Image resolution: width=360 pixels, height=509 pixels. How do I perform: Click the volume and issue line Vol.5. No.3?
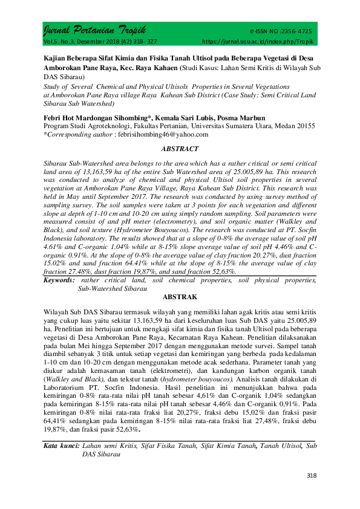point(61,42)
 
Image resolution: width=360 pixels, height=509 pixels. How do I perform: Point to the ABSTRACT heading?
point(179,148)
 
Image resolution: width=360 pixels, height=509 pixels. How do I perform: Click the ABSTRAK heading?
point(179,297)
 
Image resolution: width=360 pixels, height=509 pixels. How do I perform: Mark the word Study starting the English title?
point(53,86)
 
